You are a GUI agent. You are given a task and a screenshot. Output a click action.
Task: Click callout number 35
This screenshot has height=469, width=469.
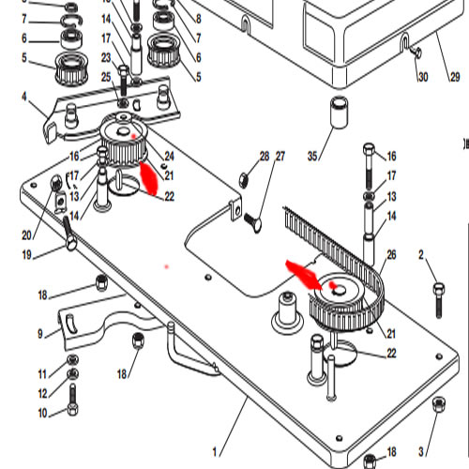[312, 156]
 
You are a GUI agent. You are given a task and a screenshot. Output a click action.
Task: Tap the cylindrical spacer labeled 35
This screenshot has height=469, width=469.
[340, 113]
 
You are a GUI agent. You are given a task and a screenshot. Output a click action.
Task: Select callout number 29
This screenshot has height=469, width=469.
[455, 77]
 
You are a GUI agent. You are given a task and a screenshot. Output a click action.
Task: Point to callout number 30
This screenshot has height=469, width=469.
[423, 77]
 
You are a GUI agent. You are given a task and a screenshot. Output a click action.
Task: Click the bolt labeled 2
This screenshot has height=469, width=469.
[439, 299]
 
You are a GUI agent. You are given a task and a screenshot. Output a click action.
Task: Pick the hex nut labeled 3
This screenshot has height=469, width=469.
[439, 404]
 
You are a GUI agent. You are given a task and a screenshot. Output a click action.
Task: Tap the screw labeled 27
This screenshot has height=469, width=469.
[253, 221]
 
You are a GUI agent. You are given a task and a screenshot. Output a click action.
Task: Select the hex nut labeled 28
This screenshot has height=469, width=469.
[244, 180]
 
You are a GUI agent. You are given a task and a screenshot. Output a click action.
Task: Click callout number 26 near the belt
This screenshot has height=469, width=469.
[391, 255]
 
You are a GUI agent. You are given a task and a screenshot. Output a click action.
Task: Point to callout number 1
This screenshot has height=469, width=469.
[215, 452]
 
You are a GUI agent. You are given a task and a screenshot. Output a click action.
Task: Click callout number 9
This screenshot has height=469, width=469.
[40, 334]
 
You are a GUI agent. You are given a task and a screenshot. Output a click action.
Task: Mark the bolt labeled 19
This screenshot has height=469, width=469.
[70, 234]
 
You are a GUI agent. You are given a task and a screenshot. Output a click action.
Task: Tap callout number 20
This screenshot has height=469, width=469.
[26, 235]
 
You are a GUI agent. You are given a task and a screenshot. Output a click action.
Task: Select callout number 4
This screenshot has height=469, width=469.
[24, 97]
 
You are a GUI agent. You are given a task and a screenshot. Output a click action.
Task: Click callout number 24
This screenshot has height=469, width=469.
[169, 156]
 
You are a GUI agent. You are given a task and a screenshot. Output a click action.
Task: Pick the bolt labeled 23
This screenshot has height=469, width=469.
[124, 81]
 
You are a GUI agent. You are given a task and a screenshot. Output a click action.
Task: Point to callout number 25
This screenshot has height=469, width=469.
[106, 77]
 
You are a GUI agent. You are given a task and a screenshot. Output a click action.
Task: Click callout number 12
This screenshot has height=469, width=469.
[42, 393]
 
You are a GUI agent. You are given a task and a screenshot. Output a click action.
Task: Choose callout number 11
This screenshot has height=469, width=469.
[42, 374]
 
